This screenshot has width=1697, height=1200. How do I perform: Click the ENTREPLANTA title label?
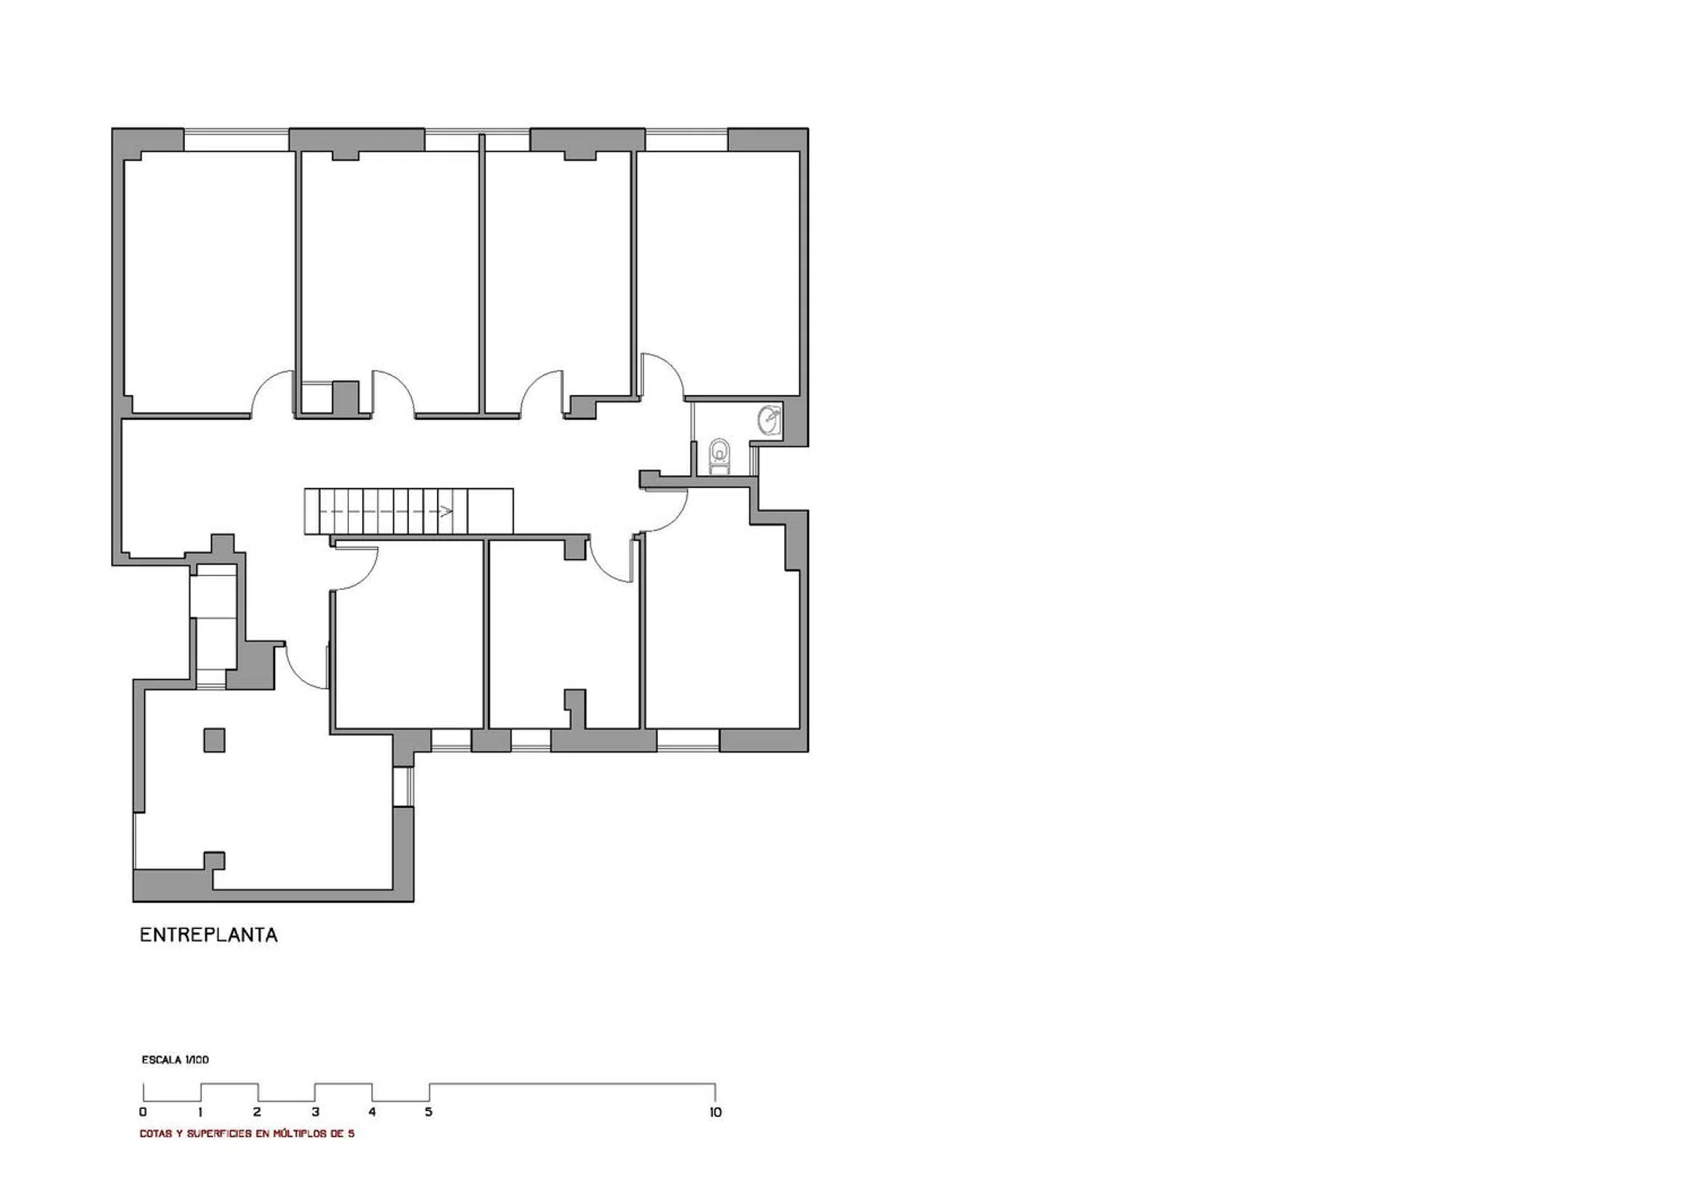pyautogui.click(x=209, y=935)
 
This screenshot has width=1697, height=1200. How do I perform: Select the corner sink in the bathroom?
pyautogui.click(x=770, y=419)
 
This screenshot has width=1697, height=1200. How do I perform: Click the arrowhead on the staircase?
pyautogui.click(x=446, y=511)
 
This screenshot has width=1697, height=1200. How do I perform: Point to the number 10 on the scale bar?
pyautogui.click(x=715, y=1112)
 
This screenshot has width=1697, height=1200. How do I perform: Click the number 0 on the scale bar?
pyautogui.click(x=143, y=1112)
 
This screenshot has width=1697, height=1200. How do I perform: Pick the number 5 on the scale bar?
pyautogui.click(x=429, y=1112)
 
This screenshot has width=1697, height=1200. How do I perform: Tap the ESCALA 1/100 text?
pyautogui.click(x=175, y=1060)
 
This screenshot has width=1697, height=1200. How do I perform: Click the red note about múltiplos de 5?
pyautogui.click(x=247, y=1134)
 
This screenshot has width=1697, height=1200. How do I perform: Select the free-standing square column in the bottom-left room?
pyautogui.click(x=214, y=740)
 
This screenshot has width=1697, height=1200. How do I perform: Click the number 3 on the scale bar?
pyautogui.click(x=315, y=1112)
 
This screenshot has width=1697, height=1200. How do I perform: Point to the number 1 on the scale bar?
pyautogui.click(x=200, y=1112)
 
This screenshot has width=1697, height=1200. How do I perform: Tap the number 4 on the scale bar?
pyautogui.click(x=372, y=1112)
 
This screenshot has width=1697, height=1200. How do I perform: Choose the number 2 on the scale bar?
pyautogui.click(x=258, y=1112)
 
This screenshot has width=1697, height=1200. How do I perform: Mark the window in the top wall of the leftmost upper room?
pyautogui.click(x=237, y=140)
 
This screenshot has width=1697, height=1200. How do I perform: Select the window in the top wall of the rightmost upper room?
pyautogui.click(x=686, y=140)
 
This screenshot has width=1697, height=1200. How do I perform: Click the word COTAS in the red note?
pyautogui.click(x=157, y=1134)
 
